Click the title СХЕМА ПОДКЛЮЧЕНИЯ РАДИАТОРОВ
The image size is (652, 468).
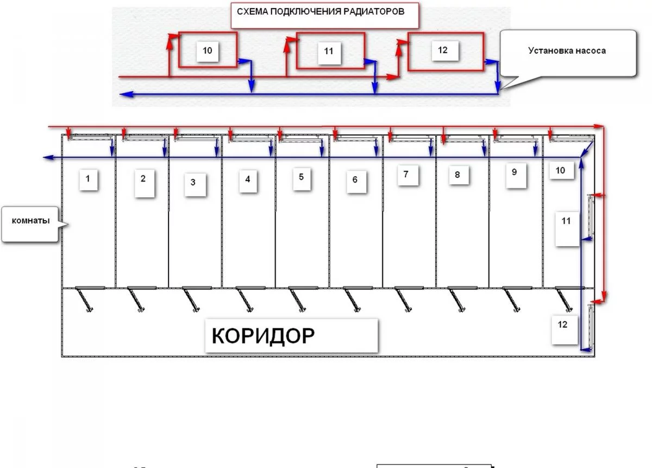(321, 11)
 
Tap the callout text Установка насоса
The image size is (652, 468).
(567, 51)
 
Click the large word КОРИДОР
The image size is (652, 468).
(263, 336)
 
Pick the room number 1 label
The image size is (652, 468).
(89, 178)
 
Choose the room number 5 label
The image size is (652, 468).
(302, 177)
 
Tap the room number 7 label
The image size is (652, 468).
(406, 175)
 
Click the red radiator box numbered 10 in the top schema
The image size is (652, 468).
(208, 50)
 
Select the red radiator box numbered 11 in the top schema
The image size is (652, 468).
(329, 51)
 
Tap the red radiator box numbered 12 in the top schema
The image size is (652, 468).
(445, 51)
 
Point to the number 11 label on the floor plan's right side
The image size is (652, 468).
(566, 222)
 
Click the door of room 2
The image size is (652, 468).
(137, 299)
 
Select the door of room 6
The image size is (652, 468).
(350, 299)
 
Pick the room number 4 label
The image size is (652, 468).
(248, 179)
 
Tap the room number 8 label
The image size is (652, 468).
(457, 175)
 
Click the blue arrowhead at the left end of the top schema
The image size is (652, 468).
(124, 94)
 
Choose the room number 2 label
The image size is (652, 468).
(143, 179)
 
